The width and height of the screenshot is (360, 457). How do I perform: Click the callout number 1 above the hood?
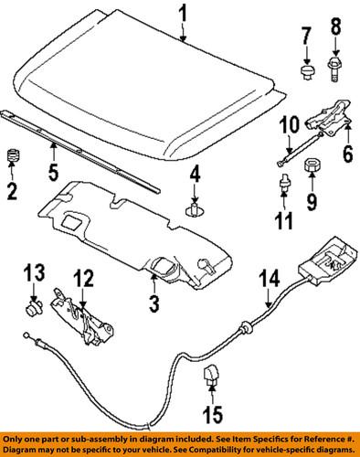(x=182, y=15)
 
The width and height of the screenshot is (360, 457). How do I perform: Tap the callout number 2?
(x=13, y=191)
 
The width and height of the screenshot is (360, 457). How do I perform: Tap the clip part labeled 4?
(x=194, y=212)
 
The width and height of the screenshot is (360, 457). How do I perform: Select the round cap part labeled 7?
(x=307, y=72)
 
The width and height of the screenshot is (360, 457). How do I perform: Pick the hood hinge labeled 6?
(x=325, y=117)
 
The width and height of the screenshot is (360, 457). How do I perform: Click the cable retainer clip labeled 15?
(x=212, y=374)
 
